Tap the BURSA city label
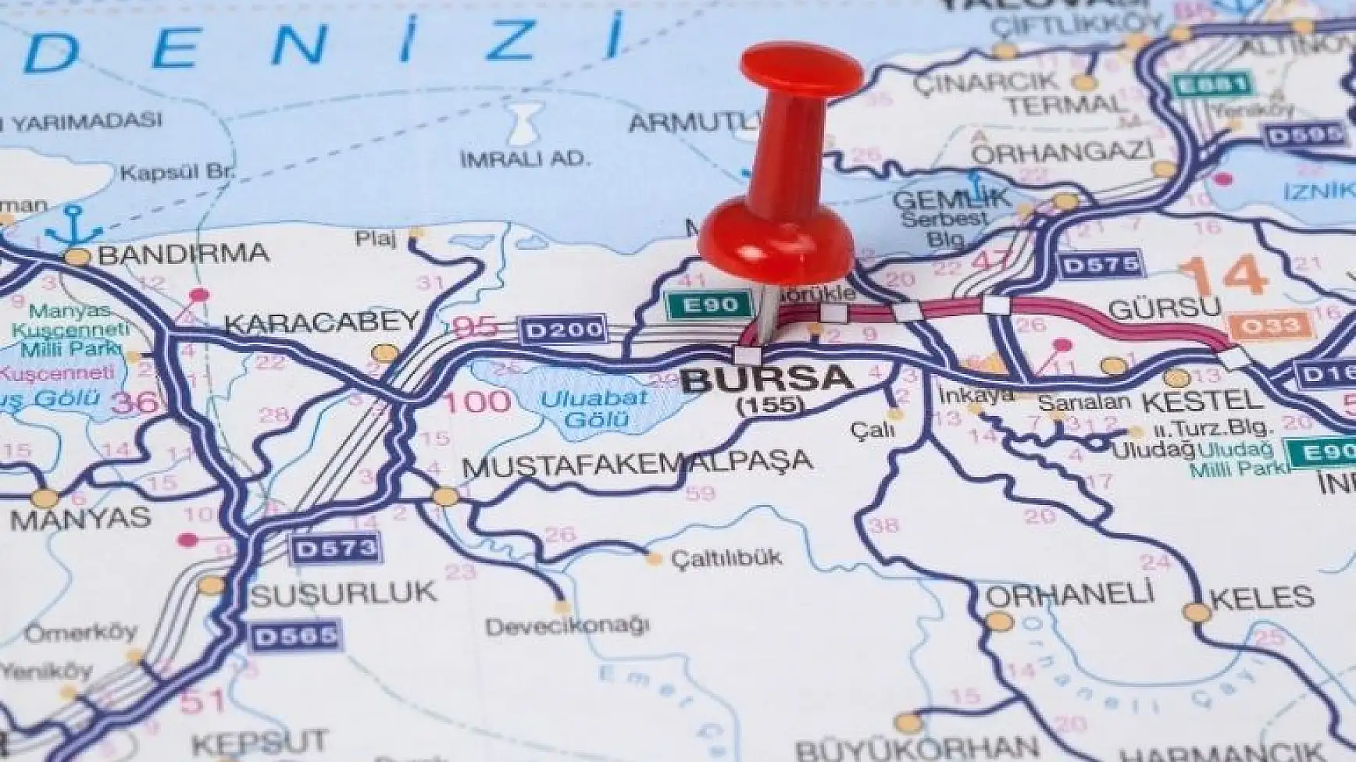766,379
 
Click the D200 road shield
563,329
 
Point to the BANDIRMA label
184,254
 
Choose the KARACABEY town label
322,322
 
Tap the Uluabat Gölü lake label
595,407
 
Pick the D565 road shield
297,636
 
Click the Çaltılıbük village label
726,557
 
